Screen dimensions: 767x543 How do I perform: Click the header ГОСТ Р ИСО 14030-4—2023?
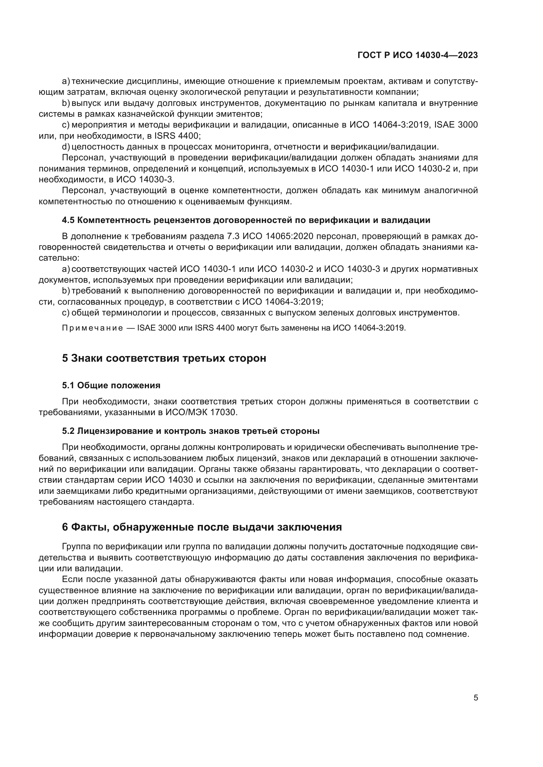[x=418, y=55]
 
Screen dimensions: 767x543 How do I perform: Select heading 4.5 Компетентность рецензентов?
[x=246, y=220]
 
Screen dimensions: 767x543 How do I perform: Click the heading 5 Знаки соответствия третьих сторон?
[x=164, y=358]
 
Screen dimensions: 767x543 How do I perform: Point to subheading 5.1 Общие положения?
[x=111, y=385]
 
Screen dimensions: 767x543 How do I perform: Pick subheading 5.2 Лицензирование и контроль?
[x=191, y=431]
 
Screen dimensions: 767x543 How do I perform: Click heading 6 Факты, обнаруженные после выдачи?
[x=202, y=527]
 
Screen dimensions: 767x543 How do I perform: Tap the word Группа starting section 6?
[x=76, y=547]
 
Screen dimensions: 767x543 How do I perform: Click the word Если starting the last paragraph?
[x=72, y=579]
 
